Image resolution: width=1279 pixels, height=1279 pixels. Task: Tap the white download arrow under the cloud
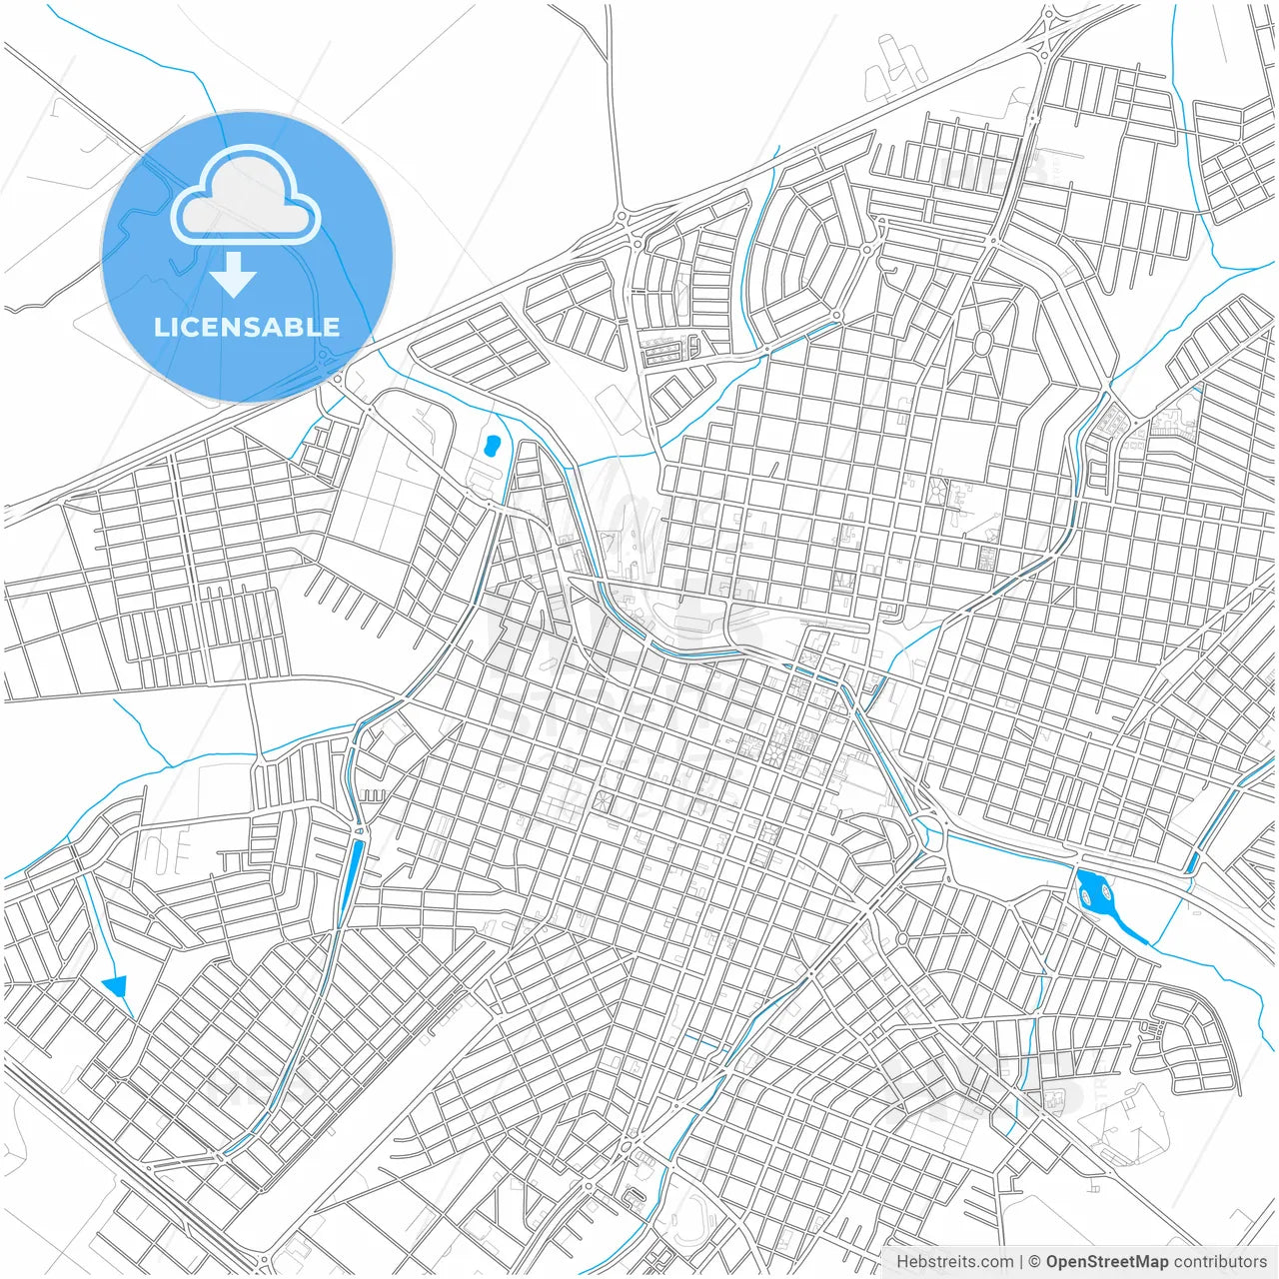[234, 275]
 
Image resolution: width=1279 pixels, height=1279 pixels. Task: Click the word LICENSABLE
[247, 327]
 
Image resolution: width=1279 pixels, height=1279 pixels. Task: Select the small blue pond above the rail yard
[491, 446]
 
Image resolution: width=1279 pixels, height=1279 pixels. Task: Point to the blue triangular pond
[117, 985]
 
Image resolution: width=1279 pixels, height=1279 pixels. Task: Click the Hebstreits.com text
[954, 1262]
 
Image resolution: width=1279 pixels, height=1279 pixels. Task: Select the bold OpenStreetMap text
[1106, 1262]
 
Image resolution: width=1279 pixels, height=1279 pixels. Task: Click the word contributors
[1220, 1262]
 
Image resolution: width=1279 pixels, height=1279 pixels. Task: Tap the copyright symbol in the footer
[1035, 1262]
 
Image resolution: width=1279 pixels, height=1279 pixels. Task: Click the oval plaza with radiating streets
[982, 343]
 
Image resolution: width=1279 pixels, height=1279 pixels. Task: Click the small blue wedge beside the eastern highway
[1192, 861]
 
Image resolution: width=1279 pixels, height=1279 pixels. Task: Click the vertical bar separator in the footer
[1021, 1262]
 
